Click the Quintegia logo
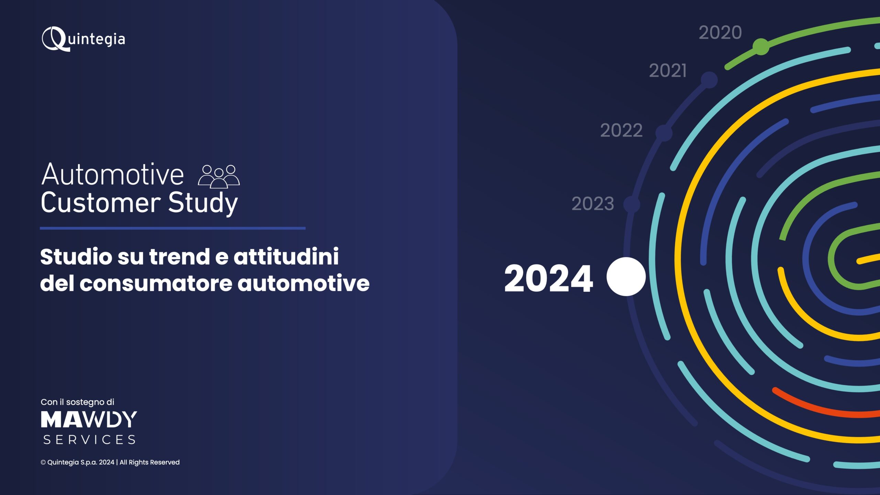coord(83,39)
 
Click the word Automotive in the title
coord(113,175)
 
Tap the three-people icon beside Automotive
coord(219,176)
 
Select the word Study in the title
coord(203,203)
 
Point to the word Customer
coord(101,203)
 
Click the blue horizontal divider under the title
coord(173,228)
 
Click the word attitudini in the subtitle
coord(286,256)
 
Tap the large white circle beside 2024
coord(626,276)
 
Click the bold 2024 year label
coord(549,278)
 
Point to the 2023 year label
coord(593,203)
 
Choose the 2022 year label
coord(621,130)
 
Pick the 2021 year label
coord(668,70)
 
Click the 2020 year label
coord(720,33)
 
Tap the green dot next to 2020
coord(761,47)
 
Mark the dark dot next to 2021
coord(709,80)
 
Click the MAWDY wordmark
coord(89,419)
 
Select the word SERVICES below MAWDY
coord(89,440)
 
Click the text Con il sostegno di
coord(77,402)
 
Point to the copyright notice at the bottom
coord(110,462)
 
